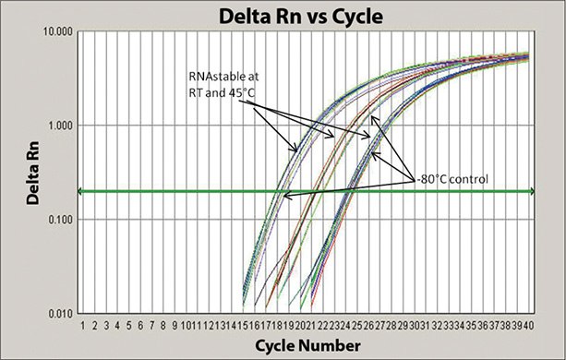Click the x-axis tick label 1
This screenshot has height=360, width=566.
pyautogui.click(x=84, y=325)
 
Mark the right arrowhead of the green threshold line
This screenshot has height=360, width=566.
pyautogui.click(x=534, y=191)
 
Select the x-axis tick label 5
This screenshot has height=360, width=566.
pyautogui.click(x=129, y=325)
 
